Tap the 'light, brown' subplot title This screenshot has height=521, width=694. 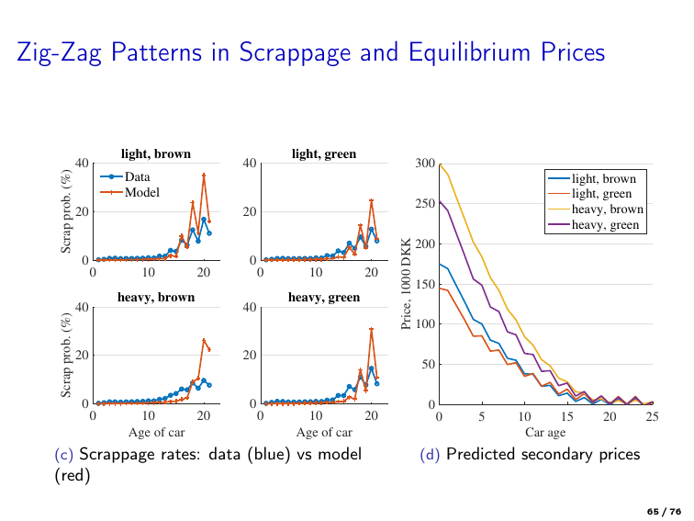(156, 153)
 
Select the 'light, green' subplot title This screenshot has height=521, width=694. (324, 153)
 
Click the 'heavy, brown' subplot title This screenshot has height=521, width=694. (156, 298)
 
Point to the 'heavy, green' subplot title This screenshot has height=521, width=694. (324, 298)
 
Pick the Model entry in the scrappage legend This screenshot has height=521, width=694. (141, 192)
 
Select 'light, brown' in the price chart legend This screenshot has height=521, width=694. (605, 178)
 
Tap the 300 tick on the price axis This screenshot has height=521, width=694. (423, 164)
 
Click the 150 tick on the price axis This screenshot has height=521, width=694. (423, 284)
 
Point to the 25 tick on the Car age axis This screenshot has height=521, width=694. (653, 417)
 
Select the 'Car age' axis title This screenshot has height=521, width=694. (545, 432)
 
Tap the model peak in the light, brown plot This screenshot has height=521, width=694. (204, 175)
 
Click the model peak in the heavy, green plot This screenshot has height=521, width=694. (371, 329)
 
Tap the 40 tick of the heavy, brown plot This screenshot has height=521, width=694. (82, 308)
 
